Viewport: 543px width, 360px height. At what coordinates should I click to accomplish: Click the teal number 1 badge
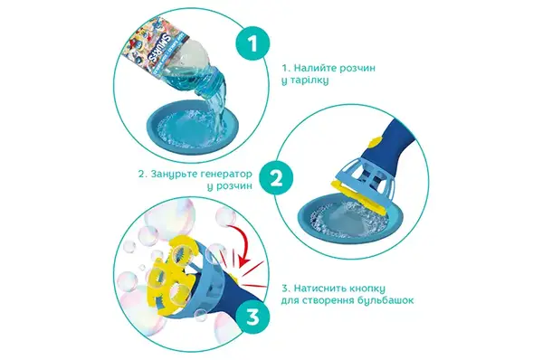point(252,44)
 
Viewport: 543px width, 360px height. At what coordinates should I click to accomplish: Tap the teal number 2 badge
point(276,178)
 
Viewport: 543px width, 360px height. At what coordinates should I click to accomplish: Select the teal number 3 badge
point(252,317)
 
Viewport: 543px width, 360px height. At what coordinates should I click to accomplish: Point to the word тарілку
point(310,81)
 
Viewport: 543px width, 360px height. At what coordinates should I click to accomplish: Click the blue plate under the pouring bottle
point(194,128)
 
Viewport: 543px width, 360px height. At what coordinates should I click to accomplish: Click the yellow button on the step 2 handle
point(376,142)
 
